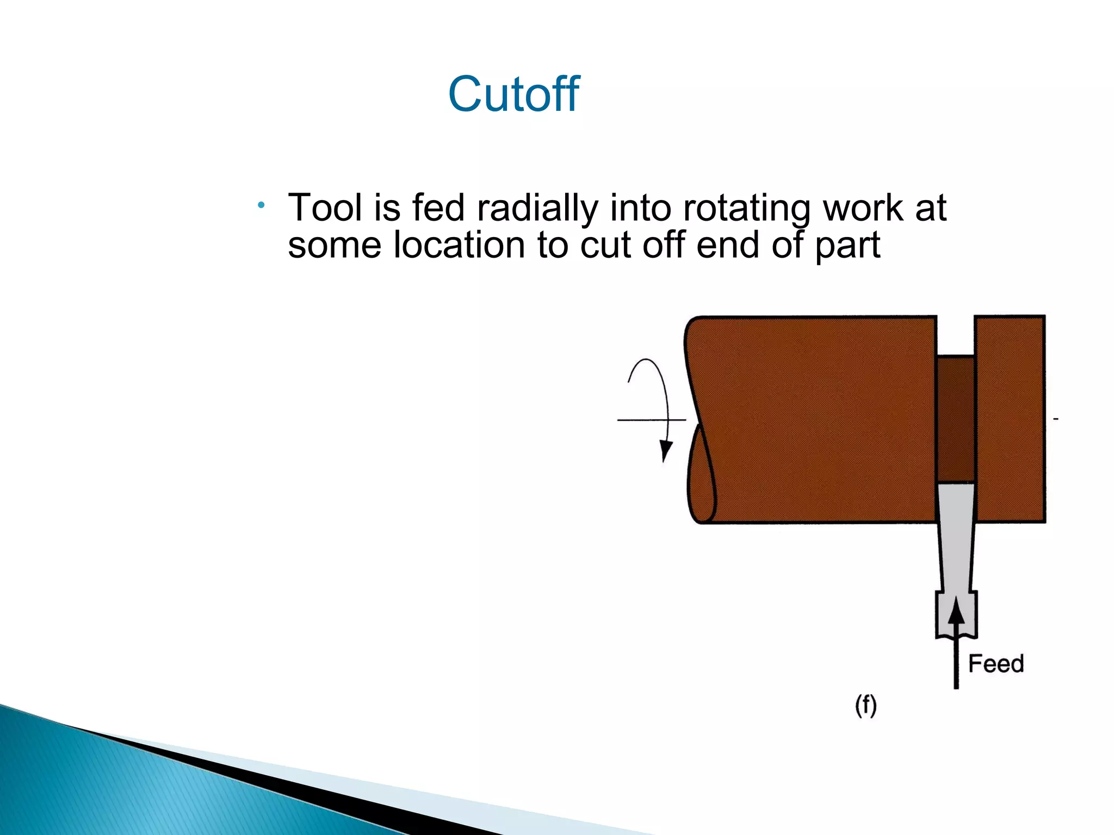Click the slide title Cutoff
click(513, 95)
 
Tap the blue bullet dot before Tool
click(262, 205)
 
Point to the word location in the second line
click(460, 245)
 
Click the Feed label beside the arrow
click(995, 664)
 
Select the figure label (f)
click(865, 706)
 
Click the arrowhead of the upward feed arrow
click(956, 611)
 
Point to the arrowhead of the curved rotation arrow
click(665, 451)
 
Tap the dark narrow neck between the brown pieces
click(955, 419)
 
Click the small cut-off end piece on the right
click(1010, 419)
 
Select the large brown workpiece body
click(816, 419)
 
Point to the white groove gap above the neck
click(955, 336)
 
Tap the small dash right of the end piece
click(1056, 419)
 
